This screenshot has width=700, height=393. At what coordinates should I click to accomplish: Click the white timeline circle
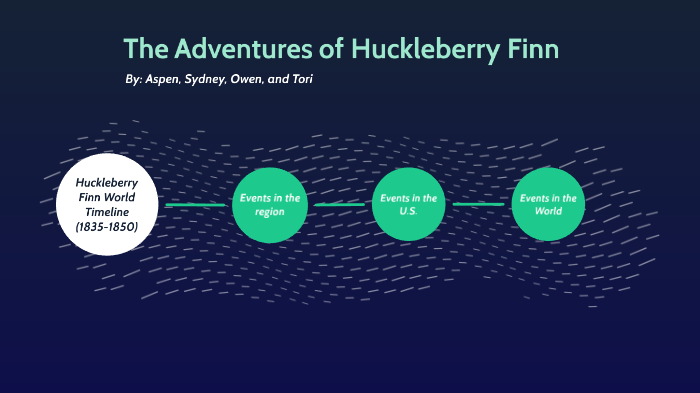107,204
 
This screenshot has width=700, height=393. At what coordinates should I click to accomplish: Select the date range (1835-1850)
107,227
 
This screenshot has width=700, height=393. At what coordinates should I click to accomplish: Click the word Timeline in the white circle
107,212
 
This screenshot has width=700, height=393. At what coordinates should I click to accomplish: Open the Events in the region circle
269,205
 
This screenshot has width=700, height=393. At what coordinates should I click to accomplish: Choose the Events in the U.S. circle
408,205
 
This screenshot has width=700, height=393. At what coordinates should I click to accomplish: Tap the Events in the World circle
547,205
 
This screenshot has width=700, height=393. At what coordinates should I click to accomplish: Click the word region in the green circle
269,212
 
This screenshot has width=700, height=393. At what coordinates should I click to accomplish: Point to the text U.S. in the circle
408,212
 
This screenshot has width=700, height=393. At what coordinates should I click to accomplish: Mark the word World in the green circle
547,212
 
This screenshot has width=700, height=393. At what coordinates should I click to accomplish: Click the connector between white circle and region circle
195,205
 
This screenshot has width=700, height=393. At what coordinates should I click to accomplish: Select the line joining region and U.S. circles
339,205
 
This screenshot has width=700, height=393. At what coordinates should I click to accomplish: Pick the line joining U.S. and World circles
478,205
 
